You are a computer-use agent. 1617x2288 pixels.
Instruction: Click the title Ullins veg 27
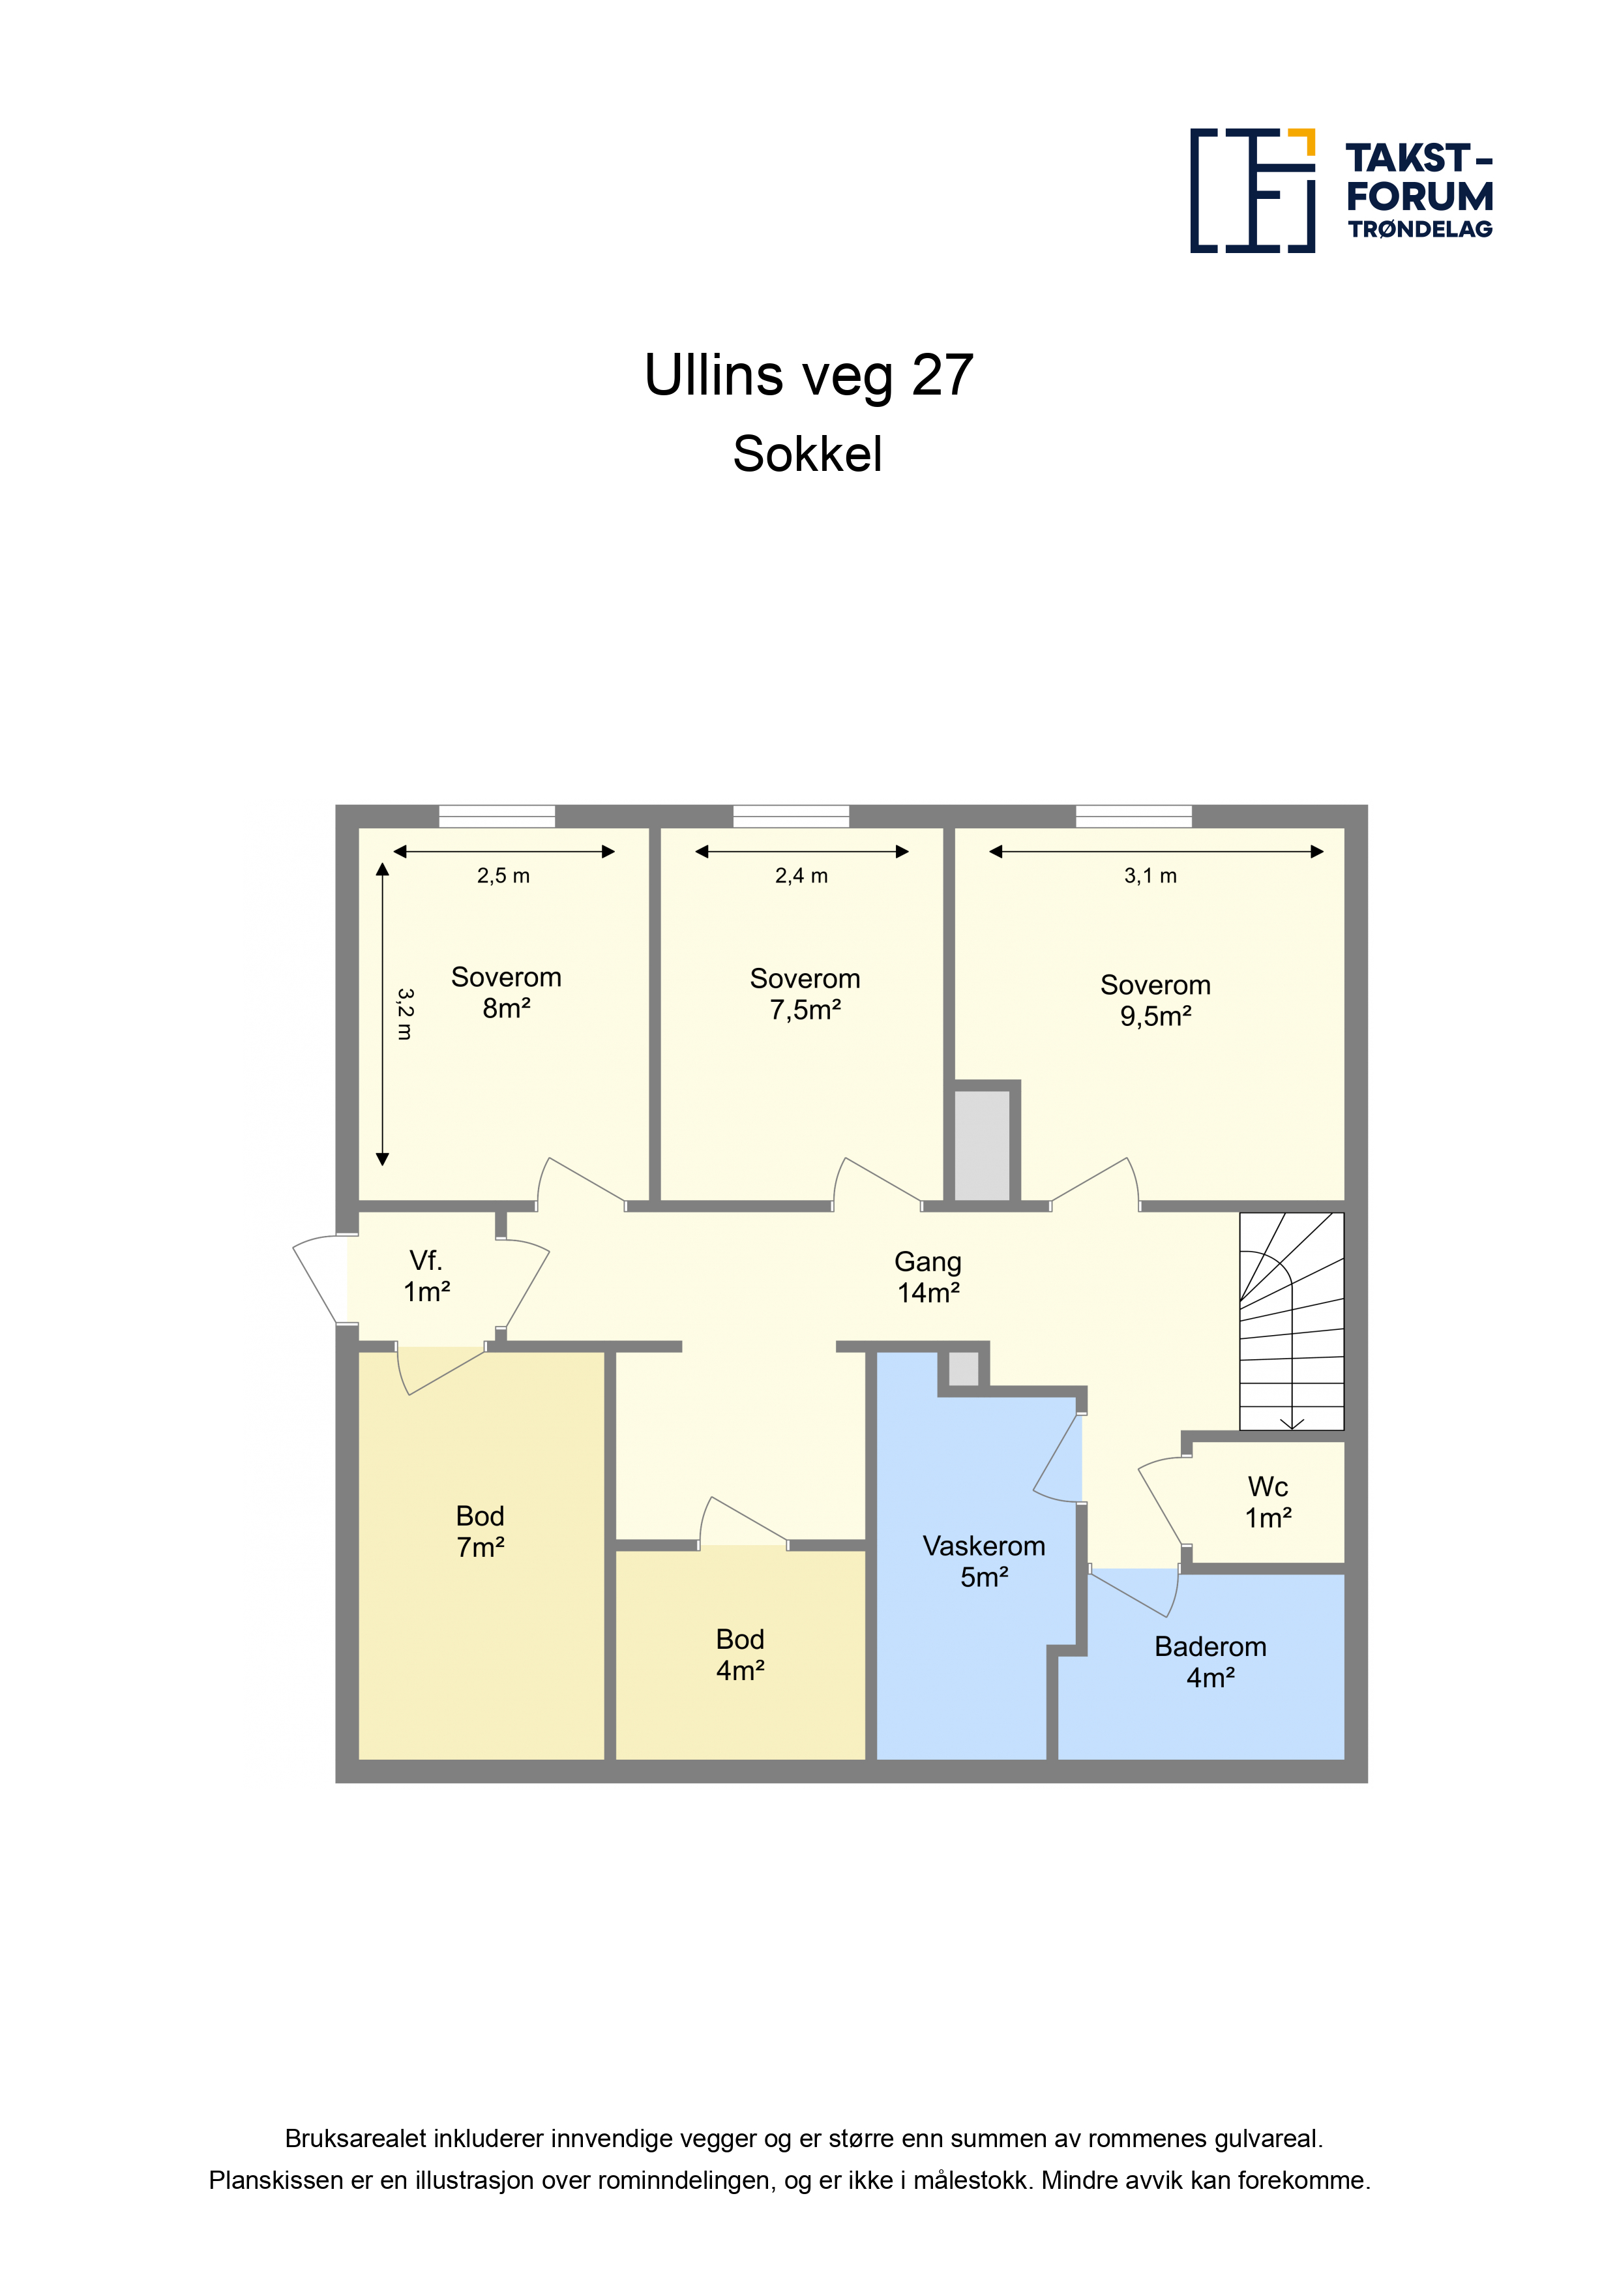808,376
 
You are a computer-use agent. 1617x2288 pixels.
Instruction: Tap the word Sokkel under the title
807,455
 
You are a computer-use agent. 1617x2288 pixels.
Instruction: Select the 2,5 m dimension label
503,876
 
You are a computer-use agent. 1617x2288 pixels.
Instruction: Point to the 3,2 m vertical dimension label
404,1014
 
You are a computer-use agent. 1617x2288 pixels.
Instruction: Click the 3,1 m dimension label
1151,876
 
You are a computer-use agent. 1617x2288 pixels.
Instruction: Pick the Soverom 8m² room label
506,993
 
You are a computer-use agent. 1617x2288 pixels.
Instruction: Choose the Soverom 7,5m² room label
805,995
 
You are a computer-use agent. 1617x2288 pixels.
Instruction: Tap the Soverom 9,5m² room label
1156,1001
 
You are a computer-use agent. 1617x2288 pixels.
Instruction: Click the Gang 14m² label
928,1278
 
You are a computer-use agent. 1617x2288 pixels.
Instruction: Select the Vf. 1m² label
426,1276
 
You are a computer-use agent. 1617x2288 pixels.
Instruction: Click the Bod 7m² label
481,1531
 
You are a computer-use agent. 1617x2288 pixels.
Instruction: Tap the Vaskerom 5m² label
985,1561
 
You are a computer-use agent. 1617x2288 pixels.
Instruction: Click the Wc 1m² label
1268,1503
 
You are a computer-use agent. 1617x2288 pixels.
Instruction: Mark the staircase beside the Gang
1291,1321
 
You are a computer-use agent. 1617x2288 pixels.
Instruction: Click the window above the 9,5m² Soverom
1134,816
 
